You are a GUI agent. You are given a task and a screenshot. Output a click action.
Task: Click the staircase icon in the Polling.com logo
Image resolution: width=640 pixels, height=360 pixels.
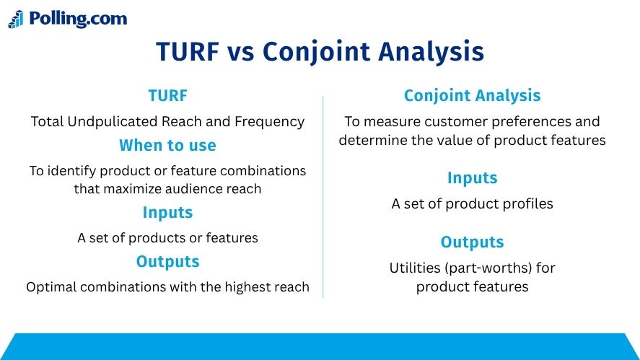tap(16, 19)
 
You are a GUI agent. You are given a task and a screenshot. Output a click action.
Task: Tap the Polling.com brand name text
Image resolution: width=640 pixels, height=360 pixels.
tap(78, 19)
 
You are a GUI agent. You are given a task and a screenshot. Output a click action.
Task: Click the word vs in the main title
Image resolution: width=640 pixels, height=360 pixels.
tap(240, 52)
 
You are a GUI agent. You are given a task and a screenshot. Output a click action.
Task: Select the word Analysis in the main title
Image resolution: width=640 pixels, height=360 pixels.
tap(431, 52)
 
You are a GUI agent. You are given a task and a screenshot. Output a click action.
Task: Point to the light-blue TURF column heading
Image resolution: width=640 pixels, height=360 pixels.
tap(167, 95)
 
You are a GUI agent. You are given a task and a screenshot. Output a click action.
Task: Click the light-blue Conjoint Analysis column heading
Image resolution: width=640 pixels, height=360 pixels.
tap(473, 95)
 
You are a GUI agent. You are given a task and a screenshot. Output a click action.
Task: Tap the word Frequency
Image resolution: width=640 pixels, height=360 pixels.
tap(269, 122)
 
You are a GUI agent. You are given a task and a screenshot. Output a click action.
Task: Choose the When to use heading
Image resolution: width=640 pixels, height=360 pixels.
tap(167, 145)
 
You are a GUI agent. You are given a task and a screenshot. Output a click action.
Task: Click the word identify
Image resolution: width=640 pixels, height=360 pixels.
tap(72, 170)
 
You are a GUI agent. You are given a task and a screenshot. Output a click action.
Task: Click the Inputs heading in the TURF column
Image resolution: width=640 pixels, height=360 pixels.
tap(167, 213)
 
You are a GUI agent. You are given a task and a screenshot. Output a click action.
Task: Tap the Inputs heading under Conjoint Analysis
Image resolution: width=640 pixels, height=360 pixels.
tap(473, 178)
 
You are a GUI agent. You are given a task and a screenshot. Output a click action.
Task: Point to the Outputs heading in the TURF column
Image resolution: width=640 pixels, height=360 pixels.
tap(167, 262)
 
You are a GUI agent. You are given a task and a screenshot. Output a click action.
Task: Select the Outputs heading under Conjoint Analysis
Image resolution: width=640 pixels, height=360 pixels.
tap(473, 242)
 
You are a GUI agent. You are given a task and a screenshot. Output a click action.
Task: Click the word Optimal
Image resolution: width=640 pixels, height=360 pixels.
tap(51, 287)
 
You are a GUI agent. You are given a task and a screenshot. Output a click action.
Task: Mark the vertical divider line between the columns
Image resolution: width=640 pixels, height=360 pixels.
tap(323, 197)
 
